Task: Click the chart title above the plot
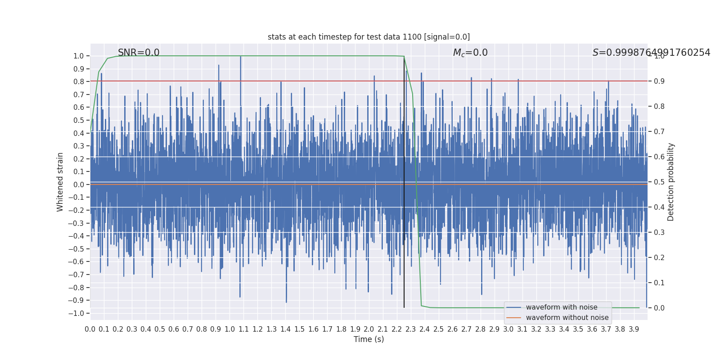[x=369, y=37]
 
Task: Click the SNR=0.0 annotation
[x=139, y=53]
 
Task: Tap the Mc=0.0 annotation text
[x=470, y=53]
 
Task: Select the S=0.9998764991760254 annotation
[x=651, y=53]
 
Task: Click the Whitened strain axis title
[x=60, y=182]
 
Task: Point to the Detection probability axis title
[x=671, y=182]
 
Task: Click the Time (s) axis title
[x=369, y=339]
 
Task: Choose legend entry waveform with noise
[x=562, y=307]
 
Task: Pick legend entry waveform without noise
[x=567, y=318]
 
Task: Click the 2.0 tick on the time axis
[x=369, y=329]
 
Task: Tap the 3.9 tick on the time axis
[x=634, y=329]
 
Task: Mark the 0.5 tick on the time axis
[x=160, y=329]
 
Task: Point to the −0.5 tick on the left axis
[x=78, y=249]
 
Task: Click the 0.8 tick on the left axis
[x=79, y=82]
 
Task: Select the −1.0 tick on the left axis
[x=78, y=313]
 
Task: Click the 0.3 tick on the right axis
[x=659, y=232]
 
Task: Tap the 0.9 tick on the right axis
[x=659, y=81]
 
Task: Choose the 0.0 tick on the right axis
[x=659, y=308]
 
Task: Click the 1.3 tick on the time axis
[x=271, y=329]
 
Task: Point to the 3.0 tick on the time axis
[x=508, y=329]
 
